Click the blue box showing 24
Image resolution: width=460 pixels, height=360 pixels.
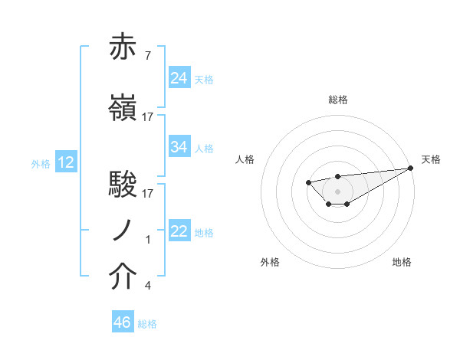point(179,77)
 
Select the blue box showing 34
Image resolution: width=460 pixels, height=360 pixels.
point(179,146)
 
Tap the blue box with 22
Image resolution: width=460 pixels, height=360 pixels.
point(179,231)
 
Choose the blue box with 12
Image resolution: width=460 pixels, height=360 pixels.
point(65,162)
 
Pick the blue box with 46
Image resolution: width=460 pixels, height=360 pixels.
point(123,322)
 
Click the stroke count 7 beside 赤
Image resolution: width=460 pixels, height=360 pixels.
point(147,56)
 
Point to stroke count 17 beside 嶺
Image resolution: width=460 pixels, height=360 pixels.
point(148,116)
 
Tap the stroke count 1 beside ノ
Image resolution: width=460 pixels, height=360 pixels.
point(147,240)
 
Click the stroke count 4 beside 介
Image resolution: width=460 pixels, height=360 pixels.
point(147,286)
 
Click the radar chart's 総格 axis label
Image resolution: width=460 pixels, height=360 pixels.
point(337,100)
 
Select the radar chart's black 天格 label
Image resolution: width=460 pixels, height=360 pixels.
point(431,159)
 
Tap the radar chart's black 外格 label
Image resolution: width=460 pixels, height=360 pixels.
point(270,262)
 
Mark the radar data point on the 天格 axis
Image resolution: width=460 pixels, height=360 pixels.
point(410,168)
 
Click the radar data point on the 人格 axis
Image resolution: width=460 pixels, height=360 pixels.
point(307,182)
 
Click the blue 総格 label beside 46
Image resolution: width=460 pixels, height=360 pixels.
point(147,324)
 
